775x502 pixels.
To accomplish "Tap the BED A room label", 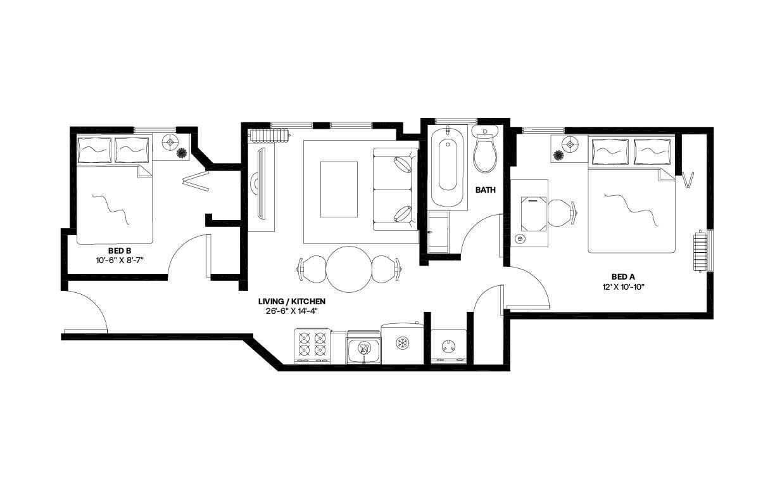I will click(x=623, y=276).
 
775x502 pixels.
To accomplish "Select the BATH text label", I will click(x=486, y=190).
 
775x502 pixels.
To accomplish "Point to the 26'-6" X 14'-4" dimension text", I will click(x=291, y=311).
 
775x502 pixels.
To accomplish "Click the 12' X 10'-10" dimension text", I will click(x=623, y=286).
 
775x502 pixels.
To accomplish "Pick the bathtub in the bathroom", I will click(x=448, y=167).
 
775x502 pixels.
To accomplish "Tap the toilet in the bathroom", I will click(x=484, y=151).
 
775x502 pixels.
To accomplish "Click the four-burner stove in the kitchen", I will click(x=312, y=346).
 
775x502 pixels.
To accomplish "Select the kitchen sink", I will click(x=363, y=348).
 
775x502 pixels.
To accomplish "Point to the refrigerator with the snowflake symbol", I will click(x=401, y=344).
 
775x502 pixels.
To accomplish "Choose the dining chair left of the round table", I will click(x=310, y=268).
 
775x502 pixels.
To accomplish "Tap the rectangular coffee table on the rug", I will click(x=339, y=189).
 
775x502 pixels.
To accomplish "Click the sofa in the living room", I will click(x=395, y=189).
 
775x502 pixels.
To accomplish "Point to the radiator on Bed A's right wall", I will click(x=700, y=252).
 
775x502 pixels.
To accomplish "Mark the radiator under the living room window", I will click(x=268, y=135).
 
